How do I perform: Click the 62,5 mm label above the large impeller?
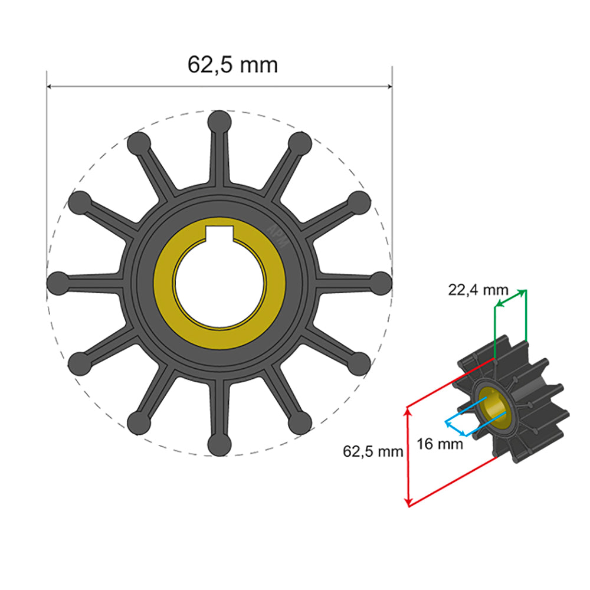tap(232, 64)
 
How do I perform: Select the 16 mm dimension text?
tap(440, 443)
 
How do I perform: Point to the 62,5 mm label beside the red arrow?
tap(373, 452)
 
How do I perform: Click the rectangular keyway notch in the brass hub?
tap(220, 234)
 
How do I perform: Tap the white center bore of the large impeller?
tap(219, 280)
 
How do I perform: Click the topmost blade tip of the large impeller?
tap(219, 121)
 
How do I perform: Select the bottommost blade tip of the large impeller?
tap(219, 442)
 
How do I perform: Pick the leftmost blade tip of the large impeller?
tap(58, 281)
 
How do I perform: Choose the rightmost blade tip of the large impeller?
tap(381, 281)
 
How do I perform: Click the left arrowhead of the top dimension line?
tap(50, 87)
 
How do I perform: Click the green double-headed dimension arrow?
tap(510, 298)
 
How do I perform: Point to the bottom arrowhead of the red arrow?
tap(408, 502)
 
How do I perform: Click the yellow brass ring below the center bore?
tap(219, 337)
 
